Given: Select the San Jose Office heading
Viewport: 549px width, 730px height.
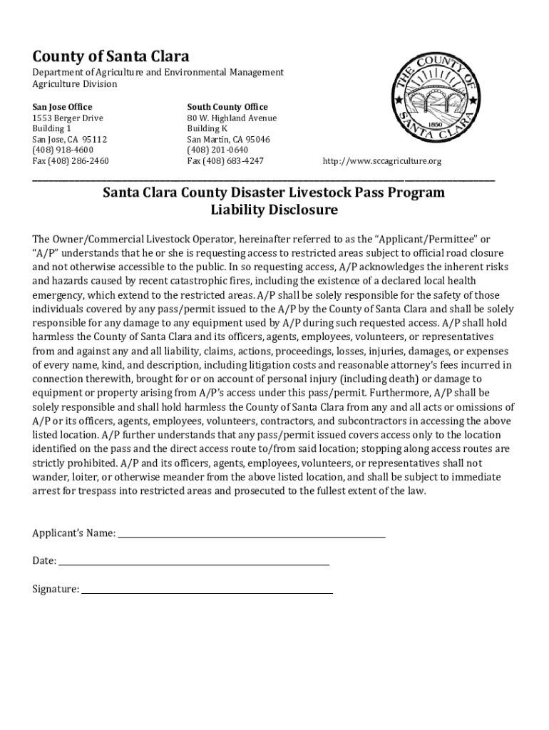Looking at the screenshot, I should pos(62,107).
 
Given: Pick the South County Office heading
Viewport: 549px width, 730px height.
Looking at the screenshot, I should pos(227,107).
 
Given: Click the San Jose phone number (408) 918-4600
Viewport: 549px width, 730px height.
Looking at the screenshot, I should pos(63,150).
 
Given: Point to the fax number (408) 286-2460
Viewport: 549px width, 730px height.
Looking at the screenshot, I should pos(71,161).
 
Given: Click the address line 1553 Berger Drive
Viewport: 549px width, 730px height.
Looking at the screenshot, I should pos(68,118).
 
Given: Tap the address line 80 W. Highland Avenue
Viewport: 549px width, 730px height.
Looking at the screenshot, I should pos(232,118).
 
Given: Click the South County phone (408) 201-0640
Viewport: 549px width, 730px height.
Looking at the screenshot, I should pos(217,150).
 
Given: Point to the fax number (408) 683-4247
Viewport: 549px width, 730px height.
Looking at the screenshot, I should pos(225,161).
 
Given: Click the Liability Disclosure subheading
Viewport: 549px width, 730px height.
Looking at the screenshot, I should pos(274,210).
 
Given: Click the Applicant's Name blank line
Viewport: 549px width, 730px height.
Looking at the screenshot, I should pos(251,533).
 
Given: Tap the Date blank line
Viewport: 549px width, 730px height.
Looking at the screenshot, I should pos(193,562).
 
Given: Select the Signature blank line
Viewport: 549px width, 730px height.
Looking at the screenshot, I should pos(206,590).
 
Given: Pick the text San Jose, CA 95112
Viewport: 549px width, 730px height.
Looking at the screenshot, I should pos(69,140).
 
